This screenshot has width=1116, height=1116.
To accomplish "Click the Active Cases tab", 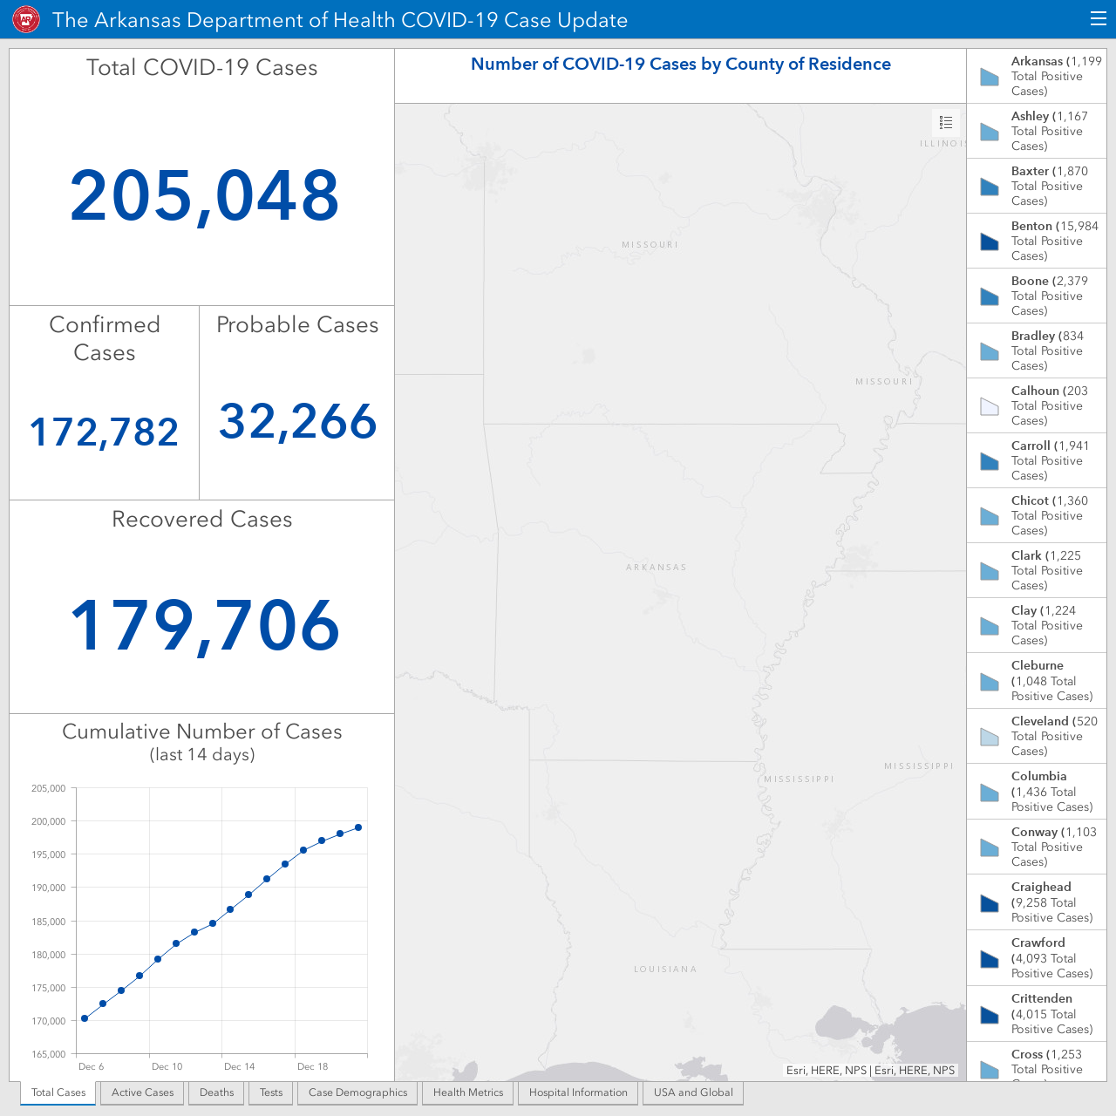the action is click(142, 1092).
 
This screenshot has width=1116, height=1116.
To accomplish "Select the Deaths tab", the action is click(216, 1092).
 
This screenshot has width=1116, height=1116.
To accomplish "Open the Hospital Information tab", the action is click(578, 1092).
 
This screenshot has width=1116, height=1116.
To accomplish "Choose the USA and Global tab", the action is click(693, 1092).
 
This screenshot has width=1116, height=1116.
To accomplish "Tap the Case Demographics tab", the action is click(357, 1092).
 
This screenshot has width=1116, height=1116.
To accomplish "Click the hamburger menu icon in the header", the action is click(1098, 19).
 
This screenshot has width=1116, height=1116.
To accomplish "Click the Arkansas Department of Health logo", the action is click(26, 20).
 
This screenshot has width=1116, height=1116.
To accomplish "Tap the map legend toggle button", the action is click(946, 122).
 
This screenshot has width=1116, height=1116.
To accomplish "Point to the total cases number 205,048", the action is click(204, 196).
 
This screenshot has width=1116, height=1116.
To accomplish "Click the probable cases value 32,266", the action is click(297, 422).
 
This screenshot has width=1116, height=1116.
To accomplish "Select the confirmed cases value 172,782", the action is click(105, 432).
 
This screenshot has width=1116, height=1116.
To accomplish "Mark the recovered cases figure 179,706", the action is click(204, 626).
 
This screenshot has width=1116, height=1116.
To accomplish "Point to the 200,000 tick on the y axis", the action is click(49, 821).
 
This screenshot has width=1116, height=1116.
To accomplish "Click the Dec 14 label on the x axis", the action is click(239, 1066).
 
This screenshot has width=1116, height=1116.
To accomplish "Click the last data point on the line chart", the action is click(358, 827).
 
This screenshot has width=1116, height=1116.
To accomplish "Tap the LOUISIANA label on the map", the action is click(665, 969).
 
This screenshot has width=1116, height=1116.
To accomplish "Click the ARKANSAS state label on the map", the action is click(657, 567).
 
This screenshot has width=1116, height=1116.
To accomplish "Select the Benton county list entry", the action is click(1037, 241).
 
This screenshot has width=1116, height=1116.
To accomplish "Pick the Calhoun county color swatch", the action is click(990, 406).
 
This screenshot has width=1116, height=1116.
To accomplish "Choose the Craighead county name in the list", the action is click(1041, 887).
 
